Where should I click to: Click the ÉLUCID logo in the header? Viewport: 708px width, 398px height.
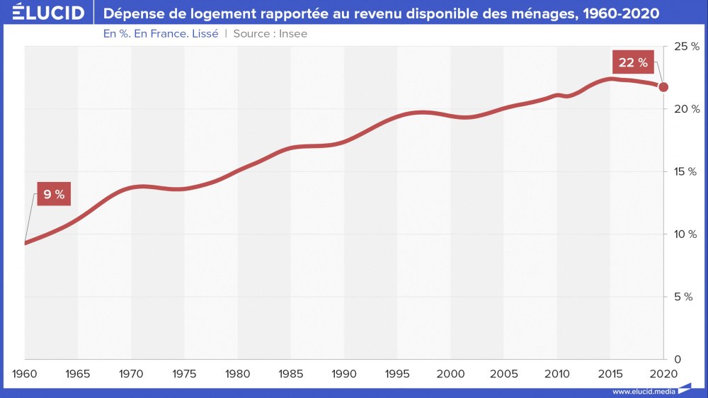point(43,13)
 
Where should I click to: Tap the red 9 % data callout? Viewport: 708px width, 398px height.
point(53,194)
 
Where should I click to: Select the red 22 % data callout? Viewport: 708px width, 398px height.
point(633,62)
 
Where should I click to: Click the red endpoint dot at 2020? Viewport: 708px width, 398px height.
point(663,87)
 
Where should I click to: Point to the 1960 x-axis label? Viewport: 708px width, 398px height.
point(24,373)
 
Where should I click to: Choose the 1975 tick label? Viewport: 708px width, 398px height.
point(184,373)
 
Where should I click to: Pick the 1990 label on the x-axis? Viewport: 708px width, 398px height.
point(344,373)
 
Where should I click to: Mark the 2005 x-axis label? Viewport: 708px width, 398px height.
point(504,373)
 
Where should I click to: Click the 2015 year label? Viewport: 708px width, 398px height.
point(610,373)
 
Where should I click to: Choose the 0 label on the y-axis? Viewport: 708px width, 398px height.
point(678,359)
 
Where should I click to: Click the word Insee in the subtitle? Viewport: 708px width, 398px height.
point(293,33)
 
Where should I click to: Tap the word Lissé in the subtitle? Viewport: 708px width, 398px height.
point(202,33)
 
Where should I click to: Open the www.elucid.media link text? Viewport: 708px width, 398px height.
point(642,392)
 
